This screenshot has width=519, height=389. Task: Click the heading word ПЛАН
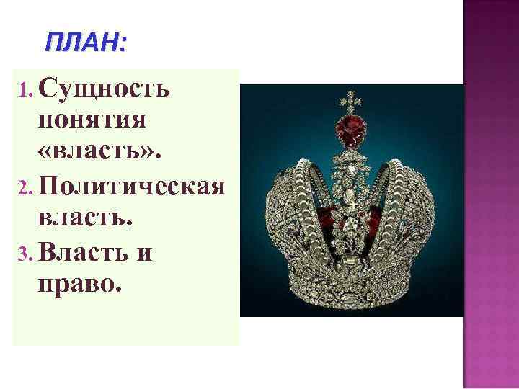click(x=81, y=44)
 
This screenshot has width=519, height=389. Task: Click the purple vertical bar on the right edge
click(x=491, y=194)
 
